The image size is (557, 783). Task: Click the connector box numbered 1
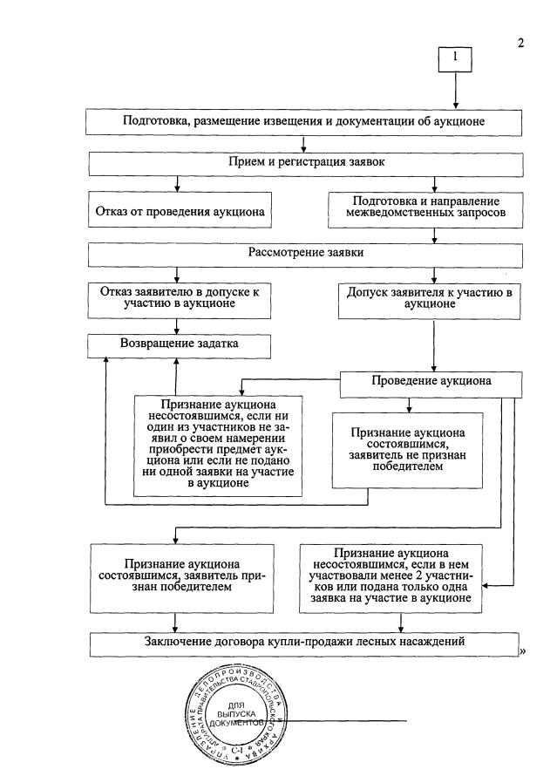455,59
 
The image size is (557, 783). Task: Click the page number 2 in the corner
521,44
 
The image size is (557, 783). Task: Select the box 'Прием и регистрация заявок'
302,163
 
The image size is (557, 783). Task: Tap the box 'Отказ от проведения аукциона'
179,211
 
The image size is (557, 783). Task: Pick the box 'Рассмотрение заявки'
302,254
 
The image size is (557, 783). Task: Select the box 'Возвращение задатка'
178,344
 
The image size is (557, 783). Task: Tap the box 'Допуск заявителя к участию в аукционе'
424,299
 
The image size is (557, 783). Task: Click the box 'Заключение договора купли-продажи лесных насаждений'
302,643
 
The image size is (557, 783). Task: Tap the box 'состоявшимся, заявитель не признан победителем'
407,449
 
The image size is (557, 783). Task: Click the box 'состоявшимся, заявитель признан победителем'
178,576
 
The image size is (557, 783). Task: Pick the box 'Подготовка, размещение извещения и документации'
302,121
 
